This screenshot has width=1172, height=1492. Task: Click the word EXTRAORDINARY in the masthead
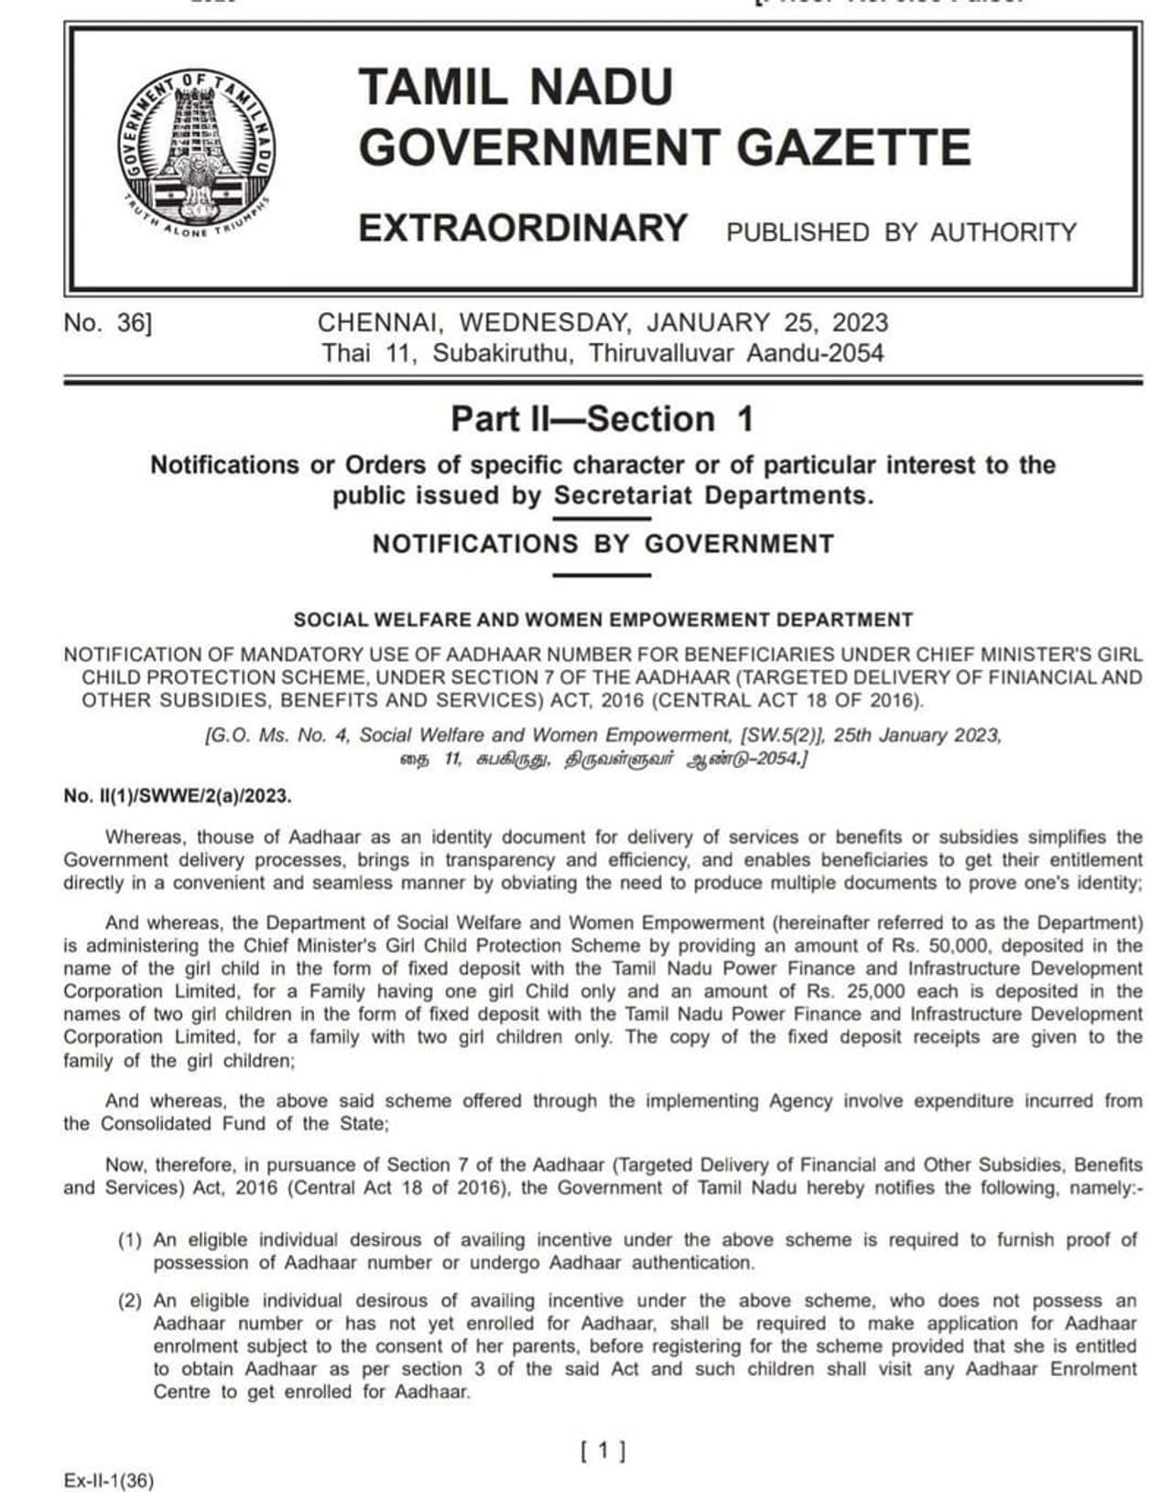point(523,228)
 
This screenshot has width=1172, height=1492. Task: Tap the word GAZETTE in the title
point(854,147)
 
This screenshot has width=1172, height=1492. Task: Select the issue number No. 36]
point(107,323)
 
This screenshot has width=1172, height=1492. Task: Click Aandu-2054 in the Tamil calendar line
point(815,352)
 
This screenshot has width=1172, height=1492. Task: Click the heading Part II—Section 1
point(602,419)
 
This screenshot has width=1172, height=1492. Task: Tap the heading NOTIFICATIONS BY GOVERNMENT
point(602,544)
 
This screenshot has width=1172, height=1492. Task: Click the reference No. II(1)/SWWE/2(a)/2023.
point(178,796)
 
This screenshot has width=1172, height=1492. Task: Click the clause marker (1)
point(130,1240)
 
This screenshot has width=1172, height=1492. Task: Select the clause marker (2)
point(130,1301)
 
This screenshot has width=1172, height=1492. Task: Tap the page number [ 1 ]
point(603,1450)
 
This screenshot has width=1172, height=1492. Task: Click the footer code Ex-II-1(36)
point(109,1481)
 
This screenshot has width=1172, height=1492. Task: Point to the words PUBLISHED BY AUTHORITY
point(901,232)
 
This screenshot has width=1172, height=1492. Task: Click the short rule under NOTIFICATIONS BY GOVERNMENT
point(602,576)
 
